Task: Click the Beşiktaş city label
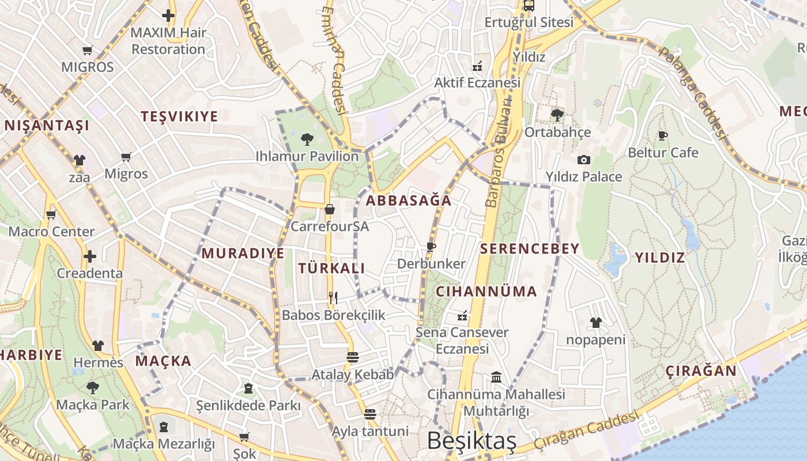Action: (472, 441)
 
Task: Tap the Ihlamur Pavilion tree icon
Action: (307, 139)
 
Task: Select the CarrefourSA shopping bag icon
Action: (329, 209)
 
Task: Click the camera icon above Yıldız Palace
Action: (584, 160)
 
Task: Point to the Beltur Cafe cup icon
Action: (663, 136)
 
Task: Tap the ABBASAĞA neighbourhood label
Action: (409, 201)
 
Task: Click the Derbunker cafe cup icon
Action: (431, 247)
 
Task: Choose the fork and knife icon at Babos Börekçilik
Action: (333, 298)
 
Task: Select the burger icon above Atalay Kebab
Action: (353, 357)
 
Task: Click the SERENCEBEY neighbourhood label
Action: (530, 249)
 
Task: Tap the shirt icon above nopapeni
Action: (595, 323)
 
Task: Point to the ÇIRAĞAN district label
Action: (702, 371)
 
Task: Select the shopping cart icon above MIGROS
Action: (88, 50)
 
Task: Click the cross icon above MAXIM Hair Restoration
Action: (168, 16)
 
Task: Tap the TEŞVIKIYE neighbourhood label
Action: (180, 116)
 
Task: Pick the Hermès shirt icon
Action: (98, 346)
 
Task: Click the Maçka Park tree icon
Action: (92, 387)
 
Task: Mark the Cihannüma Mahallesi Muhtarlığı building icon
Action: (496, 377)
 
